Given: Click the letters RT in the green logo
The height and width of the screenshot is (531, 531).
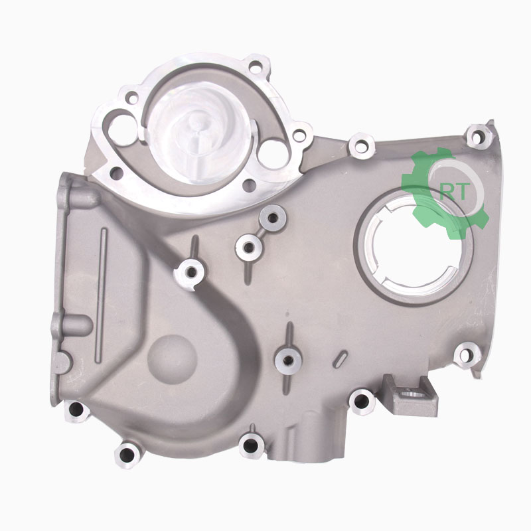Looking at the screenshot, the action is pyautogui.click(x=455, y=192).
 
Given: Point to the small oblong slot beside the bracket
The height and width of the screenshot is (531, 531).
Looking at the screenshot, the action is pyautogui.click(x=340, y=359).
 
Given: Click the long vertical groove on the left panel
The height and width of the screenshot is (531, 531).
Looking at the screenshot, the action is pyautogui.click(x=101, y=295).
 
